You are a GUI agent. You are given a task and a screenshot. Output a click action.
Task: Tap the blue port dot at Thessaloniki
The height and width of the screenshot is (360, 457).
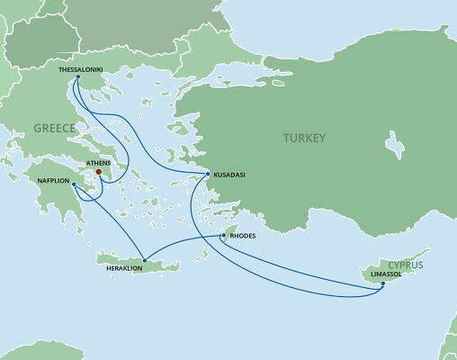[77, 76]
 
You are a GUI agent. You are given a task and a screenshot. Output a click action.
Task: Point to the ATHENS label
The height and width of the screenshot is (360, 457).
[98, 163]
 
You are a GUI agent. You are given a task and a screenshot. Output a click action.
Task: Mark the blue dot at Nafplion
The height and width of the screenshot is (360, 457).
[73, 184]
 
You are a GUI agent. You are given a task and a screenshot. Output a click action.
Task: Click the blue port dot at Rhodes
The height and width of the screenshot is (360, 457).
[224, 237]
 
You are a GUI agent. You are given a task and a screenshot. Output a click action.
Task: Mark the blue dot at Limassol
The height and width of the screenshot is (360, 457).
[381, 285]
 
